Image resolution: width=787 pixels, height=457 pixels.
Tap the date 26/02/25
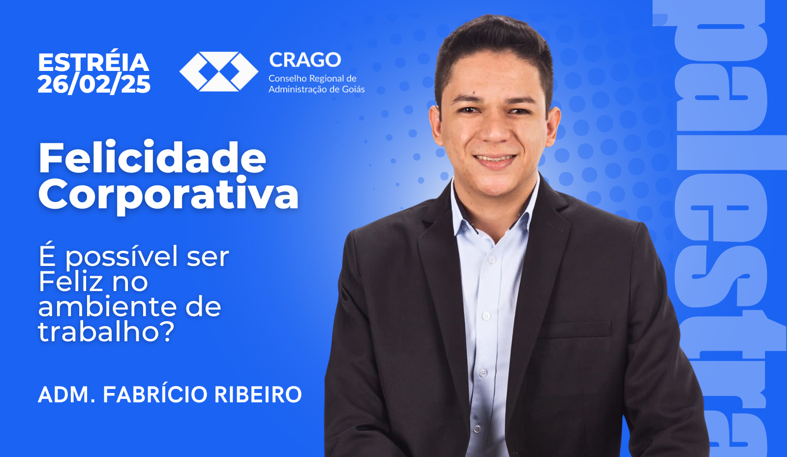coord(94,84)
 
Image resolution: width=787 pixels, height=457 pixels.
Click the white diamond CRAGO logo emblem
coord(219,71)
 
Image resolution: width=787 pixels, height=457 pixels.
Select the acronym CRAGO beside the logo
coord(305,60)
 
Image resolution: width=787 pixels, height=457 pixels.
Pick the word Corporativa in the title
coord(168,195)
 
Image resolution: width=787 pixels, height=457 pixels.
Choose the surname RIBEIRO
coord(258,394)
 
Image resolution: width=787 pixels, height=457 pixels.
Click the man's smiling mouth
coord(495,160)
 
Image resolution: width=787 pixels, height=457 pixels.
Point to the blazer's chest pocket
coord(575,330)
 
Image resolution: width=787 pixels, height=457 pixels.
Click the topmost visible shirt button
coord(492,260)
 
